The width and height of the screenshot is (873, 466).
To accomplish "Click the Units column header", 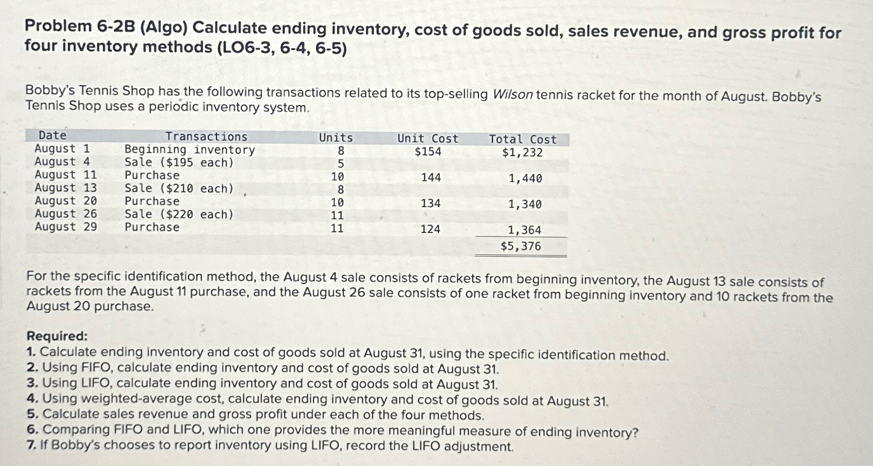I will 336,138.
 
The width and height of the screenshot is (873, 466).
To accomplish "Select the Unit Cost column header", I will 427,139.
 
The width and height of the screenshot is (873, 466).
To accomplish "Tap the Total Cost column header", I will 523,140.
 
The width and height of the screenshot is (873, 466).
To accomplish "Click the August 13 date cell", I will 66,188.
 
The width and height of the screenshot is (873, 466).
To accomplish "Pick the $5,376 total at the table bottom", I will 521,246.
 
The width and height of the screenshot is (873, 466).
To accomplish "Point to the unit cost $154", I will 428,152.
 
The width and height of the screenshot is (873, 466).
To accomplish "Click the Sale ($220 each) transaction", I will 178,214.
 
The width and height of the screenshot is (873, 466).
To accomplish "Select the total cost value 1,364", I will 524,231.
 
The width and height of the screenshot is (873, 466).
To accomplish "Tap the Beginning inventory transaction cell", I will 190,150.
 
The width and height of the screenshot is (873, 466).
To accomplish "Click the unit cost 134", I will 431,204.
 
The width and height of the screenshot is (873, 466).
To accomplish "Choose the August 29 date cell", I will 66,227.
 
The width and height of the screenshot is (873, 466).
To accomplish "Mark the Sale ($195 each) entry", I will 178,163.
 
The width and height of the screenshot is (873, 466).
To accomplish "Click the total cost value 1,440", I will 525,178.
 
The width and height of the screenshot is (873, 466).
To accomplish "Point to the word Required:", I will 58,336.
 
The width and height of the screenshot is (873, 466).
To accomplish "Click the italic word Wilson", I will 513,95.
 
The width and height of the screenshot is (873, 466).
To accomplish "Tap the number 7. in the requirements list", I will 32,446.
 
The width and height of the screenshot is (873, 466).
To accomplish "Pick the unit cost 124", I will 430,229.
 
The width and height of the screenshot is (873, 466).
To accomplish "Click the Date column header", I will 52,136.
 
